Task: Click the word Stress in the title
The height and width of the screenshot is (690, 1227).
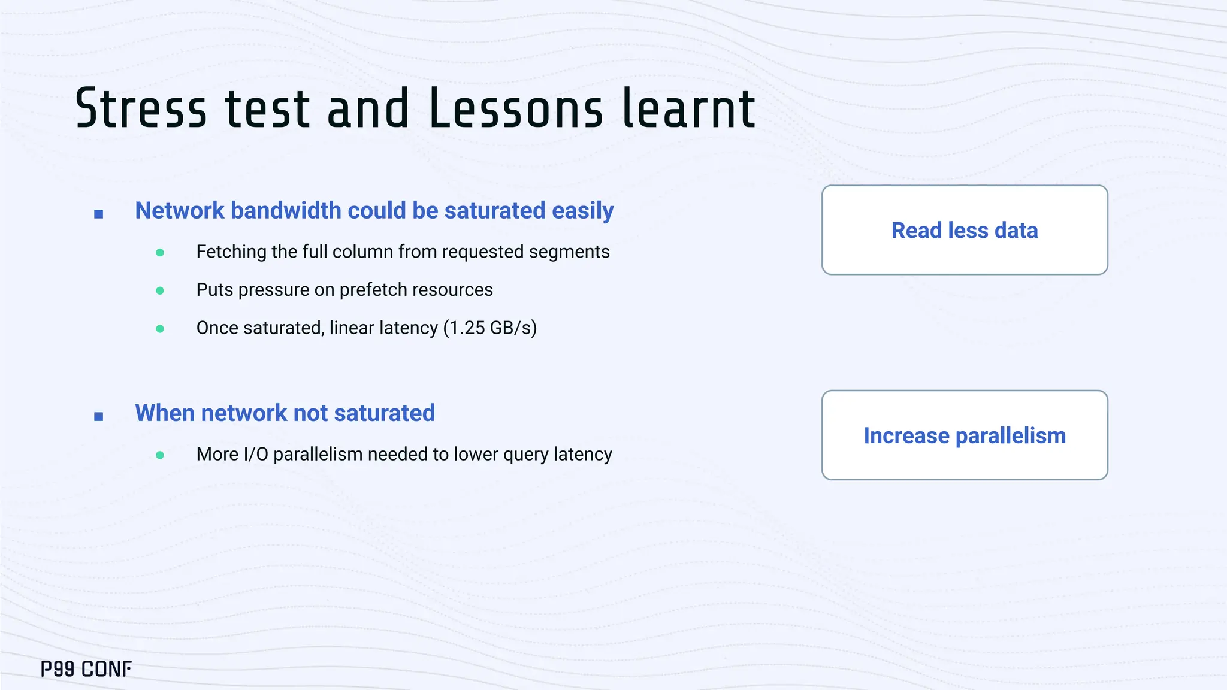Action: [x=141, y=109]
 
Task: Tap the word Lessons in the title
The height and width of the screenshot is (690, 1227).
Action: [x=515, y=109]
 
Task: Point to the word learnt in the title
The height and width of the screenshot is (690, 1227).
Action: [x=689, y=109]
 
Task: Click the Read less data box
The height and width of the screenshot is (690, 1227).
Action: [x=964, y=230]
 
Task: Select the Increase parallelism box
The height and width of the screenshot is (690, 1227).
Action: [x=964, y=435]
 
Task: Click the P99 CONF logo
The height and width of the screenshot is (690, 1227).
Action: [x=86, y=669]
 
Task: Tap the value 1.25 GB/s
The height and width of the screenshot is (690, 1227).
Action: [x=490, y=328]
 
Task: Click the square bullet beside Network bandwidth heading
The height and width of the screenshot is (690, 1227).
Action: [x=99, y=214]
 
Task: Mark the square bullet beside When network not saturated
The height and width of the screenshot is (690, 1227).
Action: [x=99, y=416]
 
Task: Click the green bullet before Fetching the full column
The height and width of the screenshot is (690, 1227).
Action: [x=160, y=253]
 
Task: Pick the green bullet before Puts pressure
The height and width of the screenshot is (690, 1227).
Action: [x=160, y=291]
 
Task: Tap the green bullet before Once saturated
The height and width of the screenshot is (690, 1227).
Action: [x=160, y=329]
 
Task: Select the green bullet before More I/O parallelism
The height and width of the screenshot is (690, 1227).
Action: [x=160, y=455]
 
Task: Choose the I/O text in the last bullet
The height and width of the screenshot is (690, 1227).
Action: [x=256, y=455]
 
